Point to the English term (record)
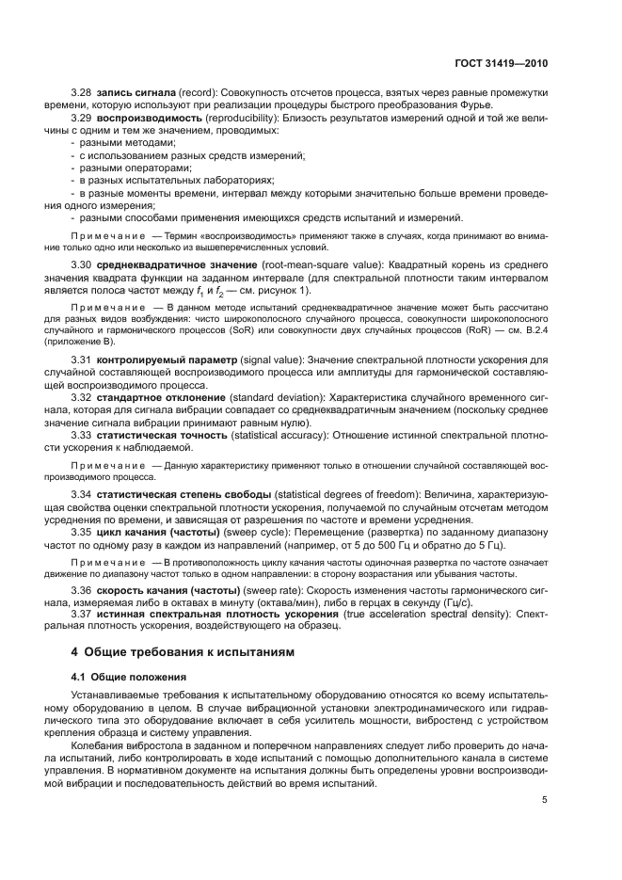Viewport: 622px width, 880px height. coord(194,91)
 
